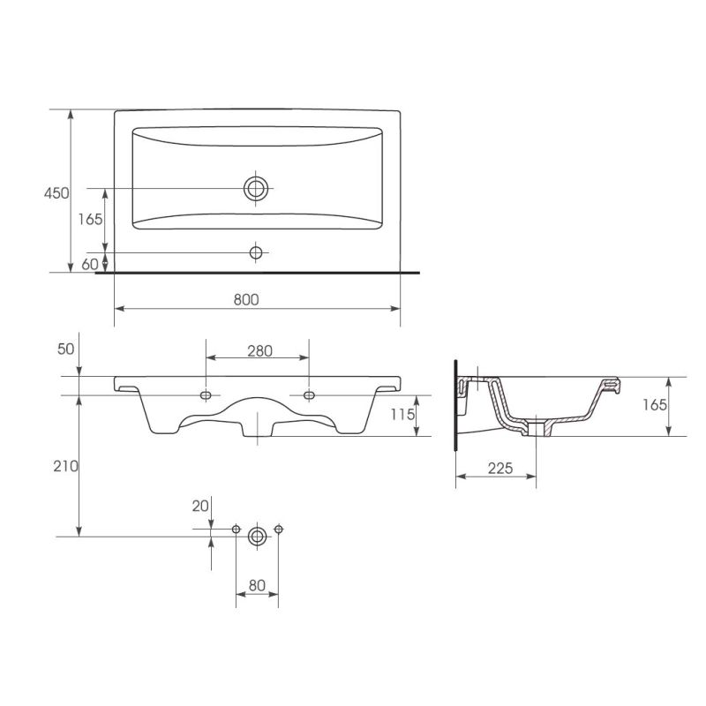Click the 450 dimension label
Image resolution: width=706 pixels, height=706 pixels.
coord(56,193)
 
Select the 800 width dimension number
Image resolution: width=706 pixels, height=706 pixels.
coord(246,299)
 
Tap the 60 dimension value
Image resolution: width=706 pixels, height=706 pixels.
coord(90,264)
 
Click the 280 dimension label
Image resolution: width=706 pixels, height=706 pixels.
coord(259,350)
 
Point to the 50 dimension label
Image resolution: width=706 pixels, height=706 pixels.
coord(65,349)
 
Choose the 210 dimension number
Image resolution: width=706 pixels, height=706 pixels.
coord(65,466)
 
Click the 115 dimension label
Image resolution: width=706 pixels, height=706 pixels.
coord(402,414)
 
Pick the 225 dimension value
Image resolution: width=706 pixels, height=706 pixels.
coord(500,469)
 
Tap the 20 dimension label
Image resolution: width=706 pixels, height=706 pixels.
coord(200,506)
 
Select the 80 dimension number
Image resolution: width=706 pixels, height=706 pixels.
coord(257,585)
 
